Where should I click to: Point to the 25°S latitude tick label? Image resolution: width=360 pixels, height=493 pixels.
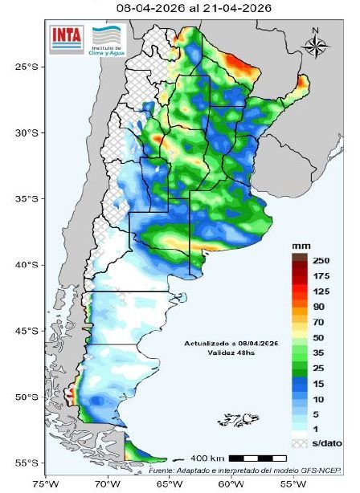[x=26, y=67]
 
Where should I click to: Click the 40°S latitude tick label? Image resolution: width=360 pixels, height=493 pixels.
[x=26, y=265]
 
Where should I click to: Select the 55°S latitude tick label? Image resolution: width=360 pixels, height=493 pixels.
[x=26, y=463]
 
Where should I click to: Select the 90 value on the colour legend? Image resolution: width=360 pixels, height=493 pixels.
[x=321, y=306]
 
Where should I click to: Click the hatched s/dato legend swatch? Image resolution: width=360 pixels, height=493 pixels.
[x=298, y=442]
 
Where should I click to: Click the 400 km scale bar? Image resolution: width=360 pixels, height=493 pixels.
[x=258, y=458]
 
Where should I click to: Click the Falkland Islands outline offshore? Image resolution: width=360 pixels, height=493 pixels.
[x=239, y=420]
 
